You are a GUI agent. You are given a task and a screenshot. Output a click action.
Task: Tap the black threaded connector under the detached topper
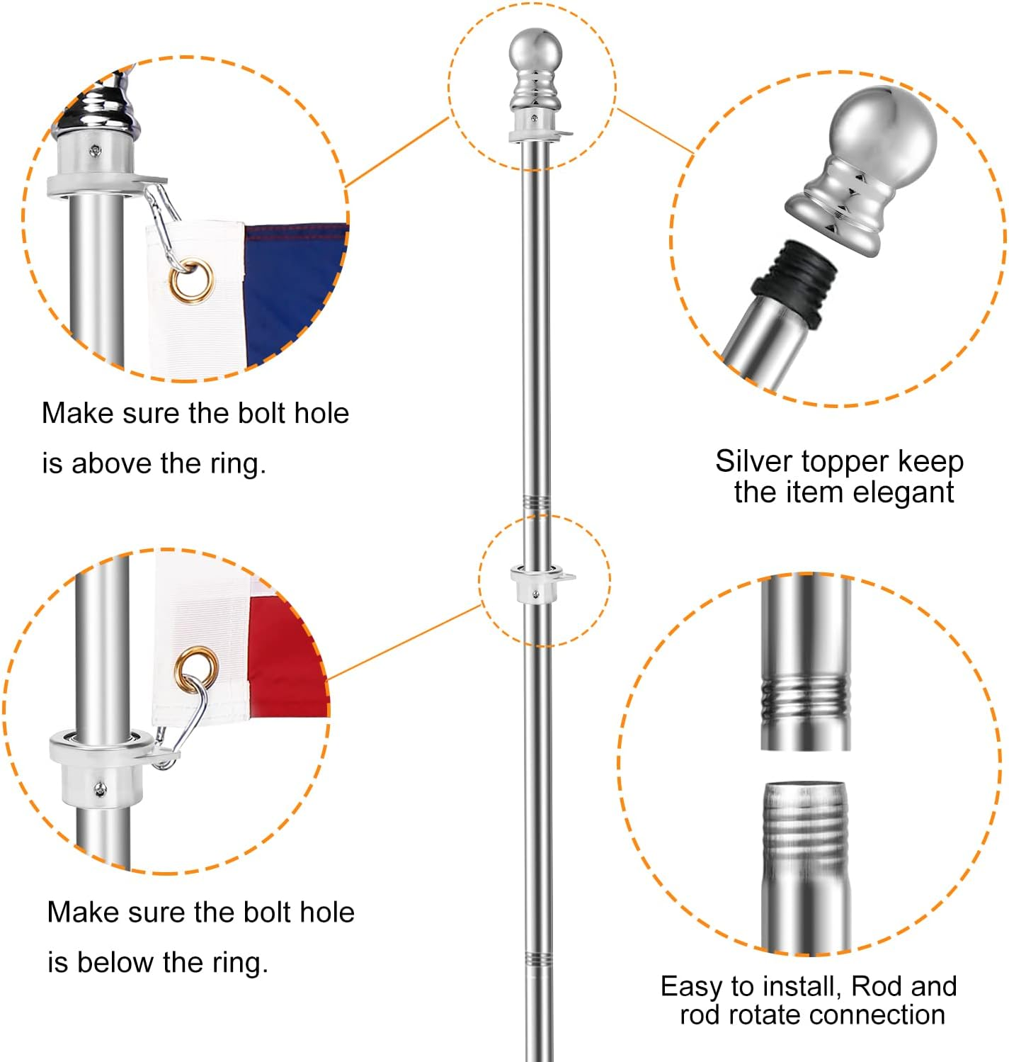click(794, 282)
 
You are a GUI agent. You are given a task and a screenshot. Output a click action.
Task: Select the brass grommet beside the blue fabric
click(192, 281)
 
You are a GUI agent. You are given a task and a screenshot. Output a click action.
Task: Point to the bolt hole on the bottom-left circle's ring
click(101, 789)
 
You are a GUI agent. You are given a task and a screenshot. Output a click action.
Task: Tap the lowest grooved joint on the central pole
click(537, 960)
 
